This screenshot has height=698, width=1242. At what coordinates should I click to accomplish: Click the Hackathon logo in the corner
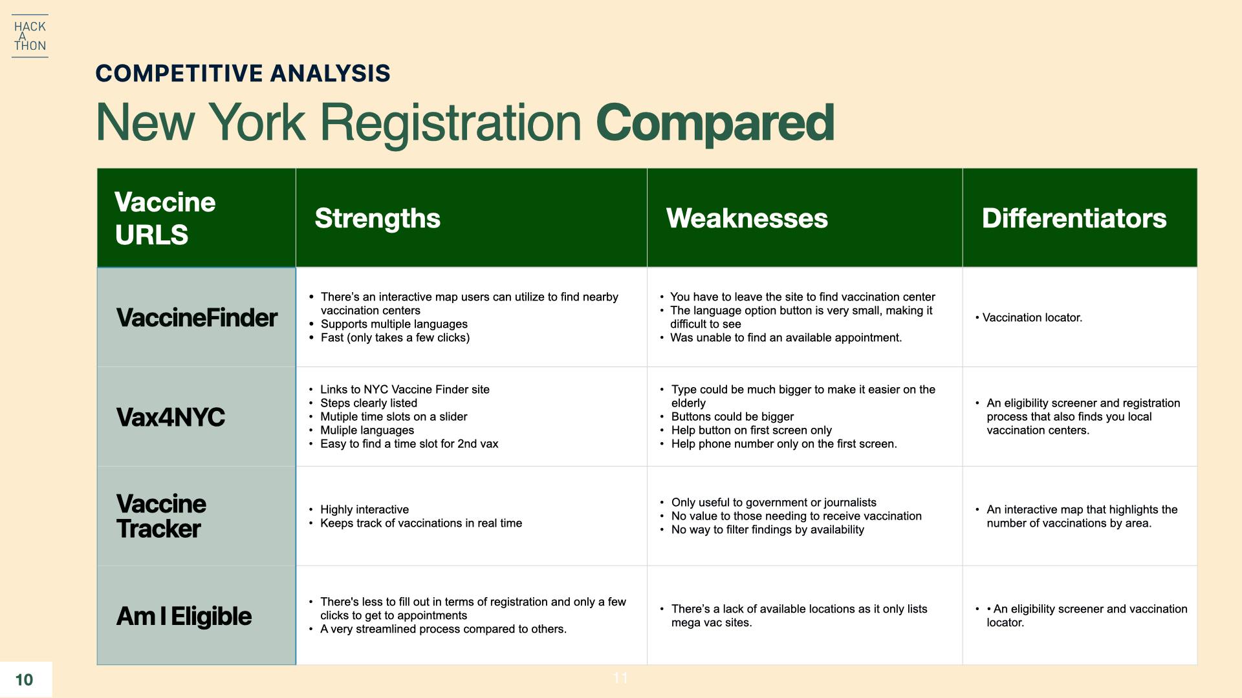(30, 36)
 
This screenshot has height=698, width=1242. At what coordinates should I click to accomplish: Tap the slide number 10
(24, 680)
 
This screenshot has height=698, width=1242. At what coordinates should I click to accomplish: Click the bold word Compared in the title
(715, 122)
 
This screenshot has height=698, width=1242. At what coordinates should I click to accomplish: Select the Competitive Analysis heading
(243, 74)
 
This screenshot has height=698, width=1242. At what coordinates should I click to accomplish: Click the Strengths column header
(377, 218)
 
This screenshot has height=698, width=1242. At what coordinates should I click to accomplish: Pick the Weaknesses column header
(746, 218)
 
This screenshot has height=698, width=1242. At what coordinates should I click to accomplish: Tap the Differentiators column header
(1074, 218)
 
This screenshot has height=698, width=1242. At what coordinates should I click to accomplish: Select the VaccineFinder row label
(197, 318)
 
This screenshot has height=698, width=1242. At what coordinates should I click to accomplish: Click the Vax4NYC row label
(171, 418)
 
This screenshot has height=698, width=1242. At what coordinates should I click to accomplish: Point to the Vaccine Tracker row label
(161, 516)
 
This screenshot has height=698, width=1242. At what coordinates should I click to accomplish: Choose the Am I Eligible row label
(184, 617)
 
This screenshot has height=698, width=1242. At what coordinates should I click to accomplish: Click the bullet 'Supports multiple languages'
(394, 324)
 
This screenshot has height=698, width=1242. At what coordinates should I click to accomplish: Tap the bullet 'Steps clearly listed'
(369, 403)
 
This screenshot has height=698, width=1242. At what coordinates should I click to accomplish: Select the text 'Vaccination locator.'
(1032, 318)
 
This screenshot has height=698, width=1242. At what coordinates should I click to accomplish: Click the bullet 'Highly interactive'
(364, 510)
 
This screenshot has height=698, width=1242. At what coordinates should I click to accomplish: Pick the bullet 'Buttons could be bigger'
(732, 417)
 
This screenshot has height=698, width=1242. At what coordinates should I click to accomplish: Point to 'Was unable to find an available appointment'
(786, 338)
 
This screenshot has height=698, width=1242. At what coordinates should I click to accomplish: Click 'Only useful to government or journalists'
(774, 503)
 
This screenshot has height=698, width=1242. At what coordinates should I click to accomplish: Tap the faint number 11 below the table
(620, 678)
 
